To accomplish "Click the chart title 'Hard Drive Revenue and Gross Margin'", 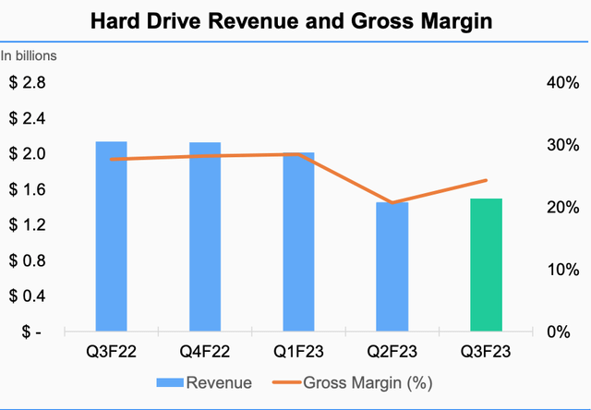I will (295, 20).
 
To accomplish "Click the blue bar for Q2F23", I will (392, 267).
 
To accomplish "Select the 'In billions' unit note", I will (29, 55).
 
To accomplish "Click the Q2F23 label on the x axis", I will (392, 352).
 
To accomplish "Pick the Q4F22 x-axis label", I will (205, 352).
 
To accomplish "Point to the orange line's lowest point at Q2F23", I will (392, 203).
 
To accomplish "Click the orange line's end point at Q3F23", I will (486, 180).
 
